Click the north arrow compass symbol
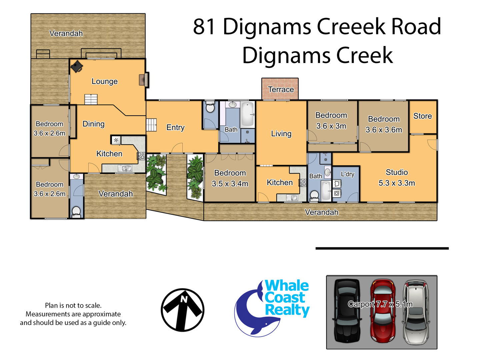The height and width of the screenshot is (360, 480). click(x=182, y=310)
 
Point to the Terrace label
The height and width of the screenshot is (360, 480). click(x=281, y=89)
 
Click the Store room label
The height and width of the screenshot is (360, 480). click(x=422, y=116)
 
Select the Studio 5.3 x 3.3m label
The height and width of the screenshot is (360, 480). click(x=397, y=177)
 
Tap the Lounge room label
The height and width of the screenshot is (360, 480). click(x=105, y=81)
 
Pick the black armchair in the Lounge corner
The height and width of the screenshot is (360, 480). click(x=77, y=66)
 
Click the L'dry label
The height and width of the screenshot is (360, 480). click(x=347, y=174)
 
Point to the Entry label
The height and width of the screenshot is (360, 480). click(x=175, y=127)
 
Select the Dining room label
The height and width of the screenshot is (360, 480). click(x=93, y=124)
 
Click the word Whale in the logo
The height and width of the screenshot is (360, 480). click(x=287, y=286)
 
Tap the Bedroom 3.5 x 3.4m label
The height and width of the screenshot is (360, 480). click(x=230, y=178)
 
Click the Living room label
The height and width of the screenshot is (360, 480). click(x=281, y=134)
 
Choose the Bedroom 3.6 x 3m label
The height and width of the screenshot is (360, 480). click(x=331, y=121)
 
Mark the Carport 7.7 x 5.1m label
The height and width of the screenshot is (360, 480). click(x=380, y=304)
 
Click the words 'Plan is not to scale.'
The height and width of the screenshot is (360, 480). click(x=73, y=305)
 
